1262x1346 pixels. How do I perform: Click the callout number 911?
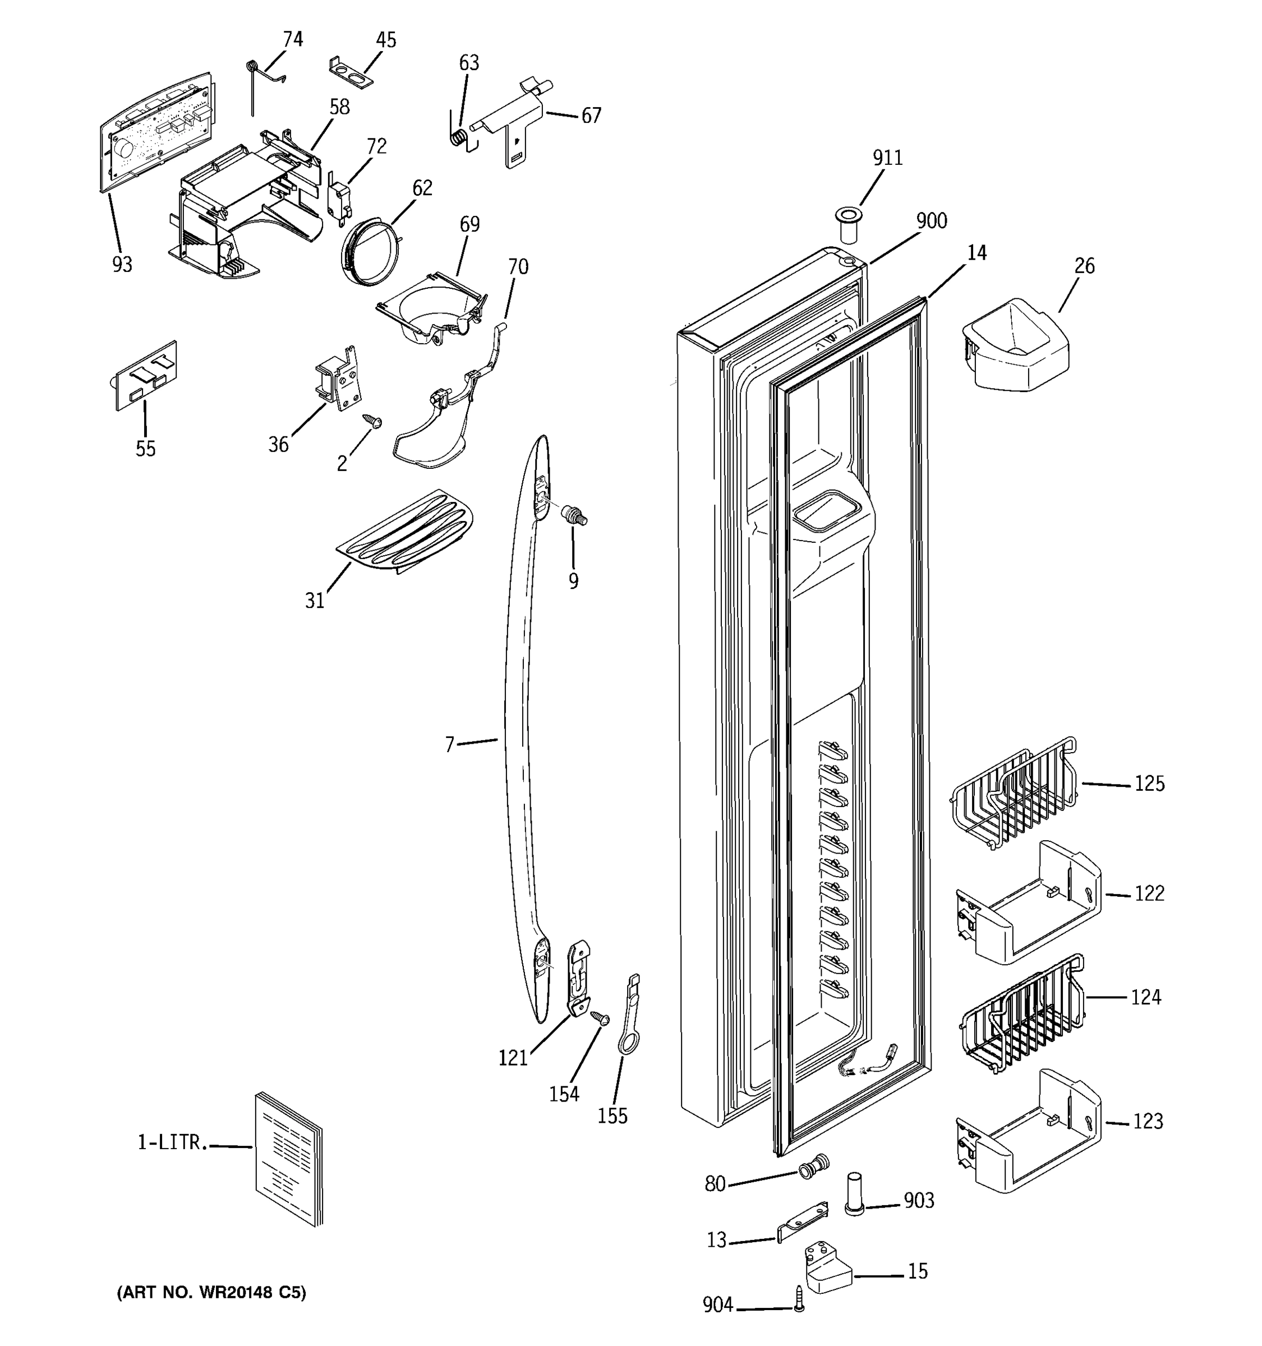(x=887, y=158)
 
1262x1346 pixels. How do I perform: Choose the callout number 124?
(x=1145, y=997)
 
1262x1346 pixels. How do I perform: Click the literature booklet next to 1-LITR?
(x=288, y=1158)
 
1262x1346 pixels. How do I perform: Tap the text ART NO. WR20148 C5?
(x=211, y=1293)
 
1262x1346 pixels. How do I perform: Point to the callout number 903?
(x=919, y=1200)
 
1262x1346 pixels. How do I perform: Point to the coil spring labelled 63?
(x=458, y=137)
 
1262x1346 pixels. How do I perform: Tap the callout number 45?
(x=385, y=40)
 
